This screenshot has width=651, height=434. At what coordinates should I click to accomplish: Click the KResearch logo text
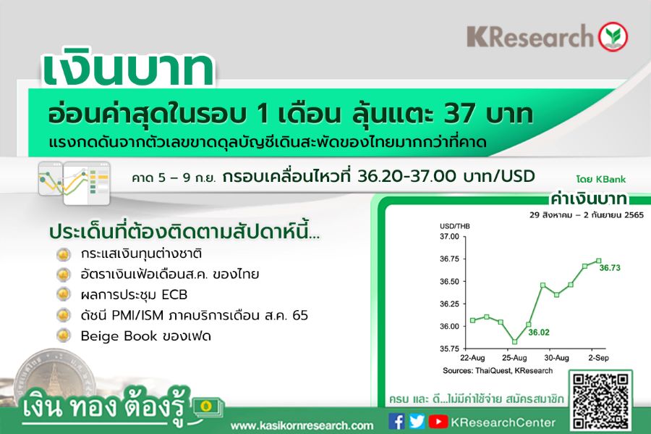tap(531, 36)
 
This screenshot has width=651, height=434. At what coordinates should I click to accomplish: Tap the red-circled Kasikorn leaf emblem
tap(613, 36)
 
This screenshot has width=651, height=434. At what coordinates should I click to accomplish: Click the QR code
tap(600, 401)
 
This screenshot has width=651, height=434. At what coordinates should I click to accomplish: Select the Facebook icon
tap(396, 422)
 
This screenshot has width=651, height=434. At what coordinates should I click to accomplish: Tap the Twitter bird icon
tap(417, 422)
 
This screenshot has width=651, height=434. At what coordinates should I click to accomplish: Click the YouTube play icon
tap(438, 422)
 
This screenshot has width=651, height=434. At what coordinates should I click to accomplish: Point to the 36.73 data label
tap(610, 268)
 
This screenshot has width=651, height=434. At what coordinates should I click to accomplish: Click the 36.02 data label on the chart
tap(539, 333)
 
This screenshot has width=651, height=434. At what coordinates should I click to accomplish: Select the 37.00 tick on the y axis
tap(450, 236)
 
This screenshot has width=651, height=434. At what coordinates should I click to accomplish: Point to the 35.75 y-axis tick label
tap(450, 349)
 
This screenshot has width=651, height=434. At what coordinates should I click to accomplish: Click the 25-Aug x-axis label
tap(514, 358)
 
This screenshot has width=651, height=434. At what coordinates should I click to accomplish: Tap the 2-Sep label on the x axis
tap(598, 358)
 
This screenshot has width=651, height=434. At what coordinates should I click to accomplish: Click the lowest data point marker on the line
tap(515, 342)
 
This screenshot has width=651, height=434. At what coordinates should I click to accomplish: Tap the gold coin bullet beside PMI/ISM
tap(64, 314)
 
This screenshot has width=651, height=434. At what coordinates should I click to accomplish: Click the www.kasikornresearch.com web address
tap(302, 426)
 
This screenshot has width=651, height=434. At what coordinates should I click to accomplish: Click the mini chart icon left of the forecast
tap(75, 183)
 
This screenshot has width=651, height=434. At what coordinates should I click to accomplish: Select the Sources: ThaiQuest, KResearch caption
tap(498, 371)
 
